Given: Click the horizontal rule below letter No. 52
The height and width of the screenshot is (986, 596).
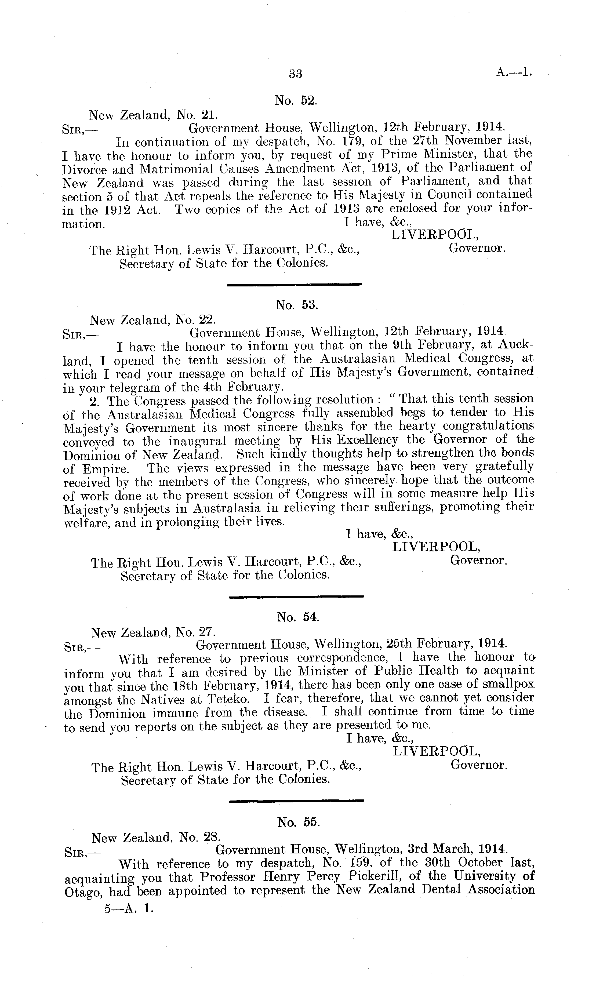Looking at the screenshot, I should coord(294,285).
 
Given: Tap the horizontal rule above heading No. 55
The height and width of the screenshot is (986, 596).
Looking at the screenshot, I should coord(297,801).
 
